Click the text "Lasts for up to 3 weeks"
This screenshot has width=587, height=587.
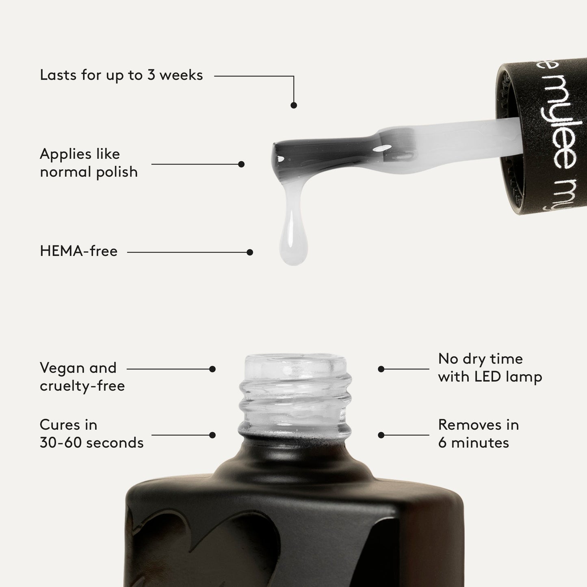click(x=121, y=75)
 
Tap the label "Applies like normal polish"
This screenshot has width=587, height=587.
click(x=89, y=163)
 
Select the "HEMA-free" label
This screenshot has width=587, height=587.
click(x=79, y=251)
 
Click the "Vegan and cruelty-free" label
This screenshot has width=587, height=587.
click(x=82, y=377)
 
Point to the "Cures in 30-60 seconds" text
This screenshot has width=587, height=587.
click(x=91, y=433)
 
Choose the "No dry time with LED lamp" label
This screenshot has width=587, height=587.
click(x=490, y=368)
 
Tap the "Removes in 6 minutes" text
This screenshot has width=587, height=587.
click(x=478, y=433)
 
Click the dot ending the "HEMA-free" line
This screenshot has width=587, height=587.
click(x=250, y=252)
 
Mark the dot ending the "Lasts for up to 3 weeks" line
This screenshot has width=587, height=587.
click(x=294, y=105)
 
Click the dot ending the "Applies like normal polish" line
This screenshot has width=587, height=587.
click(x=241, y=164)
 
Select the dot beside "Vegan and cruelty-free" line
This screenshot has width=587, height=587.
click(x=212, y=369)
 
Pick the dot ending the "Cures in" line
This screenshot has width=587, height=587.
click(x=212, y=435)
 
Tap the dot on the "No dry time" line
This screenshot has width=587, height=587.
click(x=381, y=369)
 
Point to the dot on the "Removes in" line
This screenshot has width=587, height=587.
click(x=381, y=435)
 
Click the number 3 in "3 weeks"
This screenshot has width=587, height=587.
click(x=151, y=75)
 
